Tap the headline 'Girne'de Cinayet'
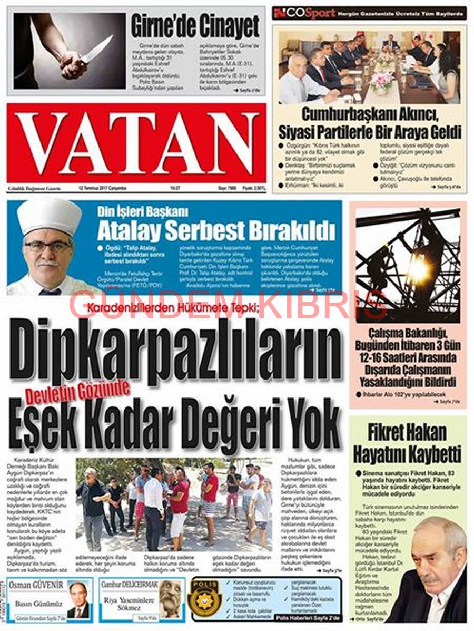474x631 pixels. pos(195,26)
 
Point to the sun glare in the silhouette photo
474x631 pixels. pos(419,269)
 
